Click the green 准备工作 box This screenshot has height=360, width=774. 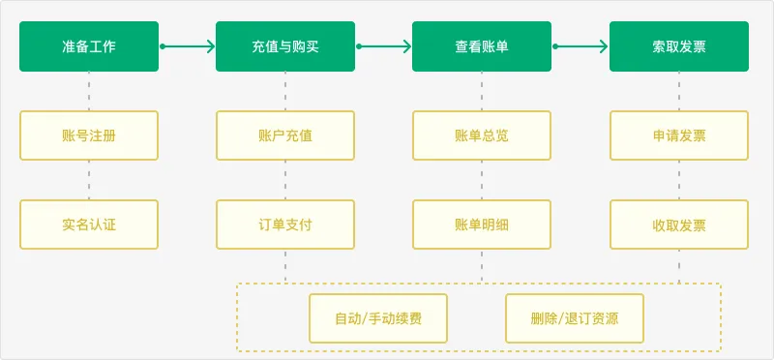(88, 45)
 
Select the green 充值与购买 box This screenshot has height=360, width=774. (284, 45)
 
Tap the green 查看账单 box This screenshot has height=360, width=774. (481, 45)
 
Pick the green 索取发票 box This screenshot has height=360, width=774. (678, 45)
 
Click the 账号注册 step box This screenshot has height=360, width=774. (88, 135)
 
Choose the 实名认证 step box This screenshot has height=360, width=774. (88, 225)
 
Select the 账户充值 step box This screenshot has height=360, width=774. (284, 135)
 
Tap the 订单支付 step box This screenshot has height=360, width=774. (284, 225)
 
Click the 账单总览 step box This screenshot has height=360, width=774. (481, 135)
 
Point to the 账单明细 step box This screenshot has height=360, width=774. (481, 225)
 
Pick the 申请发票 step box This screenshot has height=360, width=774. (678, 135)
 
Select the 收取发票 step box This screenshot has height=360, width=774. (678, 225)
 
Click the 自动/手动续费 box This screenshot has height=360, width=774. (378, 318)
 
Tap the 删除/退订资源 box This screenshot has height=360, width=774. (575, 318)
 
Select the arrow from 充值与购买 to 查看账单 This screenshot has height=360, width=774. (384, 45)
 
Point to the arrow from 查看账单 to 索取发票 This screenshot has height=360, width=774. (580, 45)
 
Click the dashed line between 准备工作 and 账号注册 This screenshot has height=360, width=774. (88, 91)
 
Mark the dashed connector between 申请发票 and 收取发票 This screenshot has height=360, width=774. (678, 180)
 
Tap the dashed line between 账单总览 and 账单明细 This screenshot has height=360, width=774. (481, 180)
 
